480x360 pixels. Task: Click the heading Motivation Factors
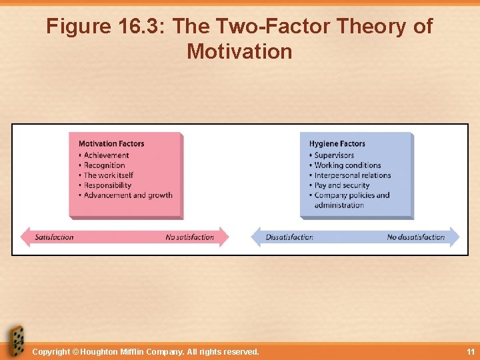click(x=111, y=143)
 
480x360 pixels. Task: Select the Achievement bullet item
click(x=106, y=155)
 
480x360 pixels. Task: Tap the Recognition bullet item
click(x=104, y=165)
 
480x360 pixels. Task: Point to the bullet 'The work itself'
click(x=108, y=175)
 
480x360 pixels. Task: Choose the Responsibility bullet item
click(x=107, y=185)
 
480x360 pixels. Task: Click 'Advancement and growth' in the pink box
click(x=127, y=195)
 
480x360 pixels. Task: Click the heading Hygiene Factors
click(x=337, y=143)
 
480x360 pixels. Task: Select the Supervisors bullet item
click(x=334, y=155)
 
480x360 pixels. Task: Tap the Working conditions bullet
click(x=347, y=165)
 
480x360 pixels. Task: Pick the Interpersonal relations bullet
click(x=352, y=175)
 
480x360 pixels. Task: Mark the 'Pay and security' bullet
click(x=341, y=185)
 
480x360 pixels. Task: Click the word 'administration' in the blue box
click(x=339, y=205)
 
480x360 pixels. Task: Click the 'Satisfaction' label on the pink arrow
click(x=54, y=237)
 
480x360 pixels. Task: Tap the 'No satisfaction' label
click(x=190, y=237)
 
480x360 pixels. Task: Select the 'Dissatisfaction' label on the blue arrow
click(x=289, y=237)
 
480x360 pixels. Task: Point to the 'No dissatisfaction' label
click(x=415, y=237)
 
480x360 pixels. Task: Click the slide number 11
click(x=471, y=351)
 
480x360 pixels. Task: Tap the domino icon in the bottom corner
click(x=15, y=341)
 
